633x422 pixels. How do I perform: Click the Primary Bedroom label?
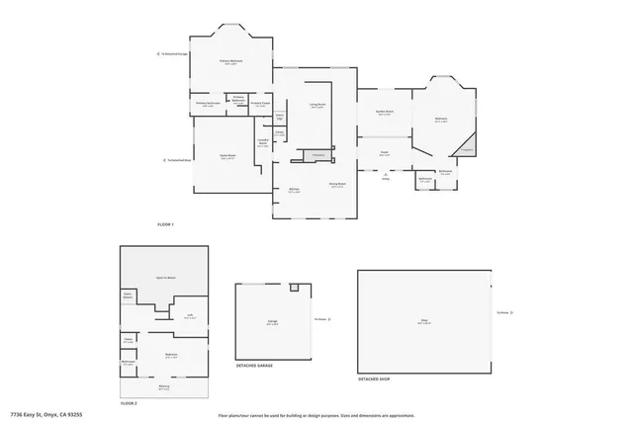(231, 61)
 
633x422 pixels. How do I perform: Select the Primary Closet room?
(260, 103)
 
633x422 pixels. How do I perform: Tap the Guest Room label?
(226, 155)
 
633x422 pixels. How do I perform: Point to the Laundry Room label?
(263, 141)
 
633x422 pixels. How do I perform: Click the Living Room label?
(317, 104)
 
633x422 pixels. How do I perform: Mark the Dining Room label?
(336, 184)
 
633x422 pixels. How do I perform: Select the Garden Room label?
(384, 113)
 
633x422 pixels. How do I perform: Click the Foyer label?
(385, 152)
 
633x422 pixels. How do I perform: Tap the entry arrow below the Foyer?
(385, 175)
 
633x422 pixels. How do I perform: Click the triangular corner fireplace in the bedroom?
(465, 148)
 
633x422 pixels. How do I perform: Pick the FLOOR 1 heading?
(165, 225)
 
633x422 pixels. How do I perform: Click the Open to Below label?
(164, 278)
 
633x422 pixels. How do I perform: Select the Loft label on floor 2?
(190, 316)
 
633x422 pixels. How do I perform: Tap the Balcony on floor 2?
(164, 387)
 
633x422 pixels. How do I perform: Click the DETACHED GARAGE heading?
(254, 365)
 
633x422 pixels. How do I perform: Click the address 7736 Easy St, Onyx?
(46, 415)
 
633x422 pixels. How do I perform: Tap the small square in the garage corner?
(294, 288)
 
